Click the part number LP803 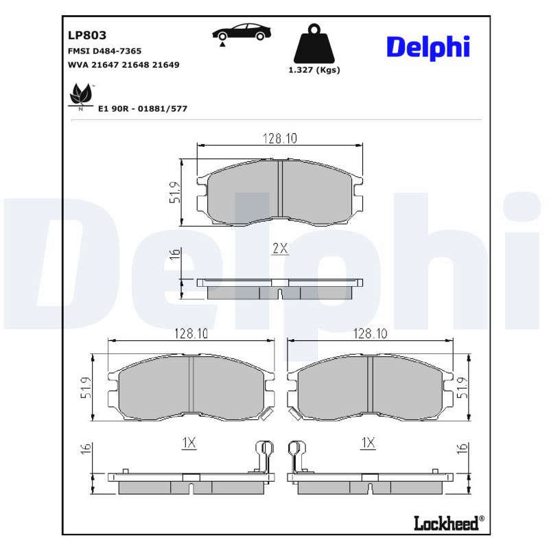point(87,35)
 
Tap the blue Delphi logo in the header point(428,47)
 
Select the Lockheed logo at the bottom point(449,523)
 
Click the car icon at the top point(242,32)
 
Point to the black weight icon point(314,43)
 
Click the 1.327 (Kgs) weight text point(314,70)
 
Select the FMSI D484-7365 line point(105,51)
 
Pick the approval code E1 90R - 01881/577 point(143,108)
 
